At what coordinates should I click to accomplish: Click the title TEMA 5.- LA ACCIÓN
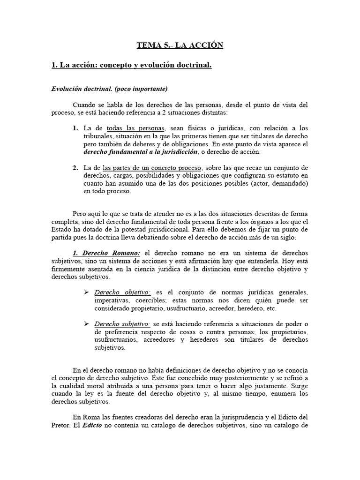click(x=180, y=45)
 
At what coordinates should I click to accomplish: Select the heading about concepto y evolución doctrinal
click(x=132, y=66)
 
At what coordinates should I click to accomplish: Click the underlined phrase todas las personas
click(x=136, y=128)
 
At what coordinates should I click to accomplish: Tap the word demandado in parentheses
click(x=290, y=183)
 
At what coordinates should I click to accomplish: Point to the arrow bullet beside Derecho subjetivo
click(x=86, y=324)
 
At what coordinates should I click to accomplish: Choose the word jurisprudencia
click(x=234, y=417)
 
